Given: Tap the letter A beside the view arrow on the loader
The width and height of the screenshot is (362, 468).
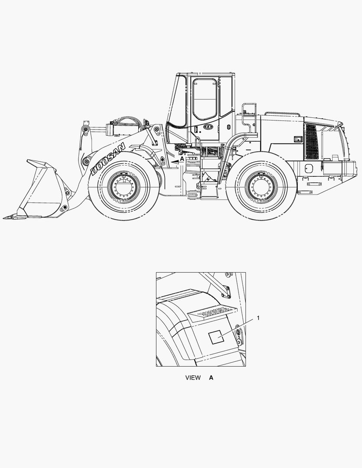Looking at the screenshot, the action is [x=182, y=159].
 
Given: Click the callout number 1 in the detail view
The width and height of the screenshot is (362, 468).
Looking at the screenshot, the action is [x=258, y=318].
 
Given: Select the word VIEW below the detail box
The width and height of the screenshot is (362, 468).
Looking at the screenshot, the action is [x=193, y=377].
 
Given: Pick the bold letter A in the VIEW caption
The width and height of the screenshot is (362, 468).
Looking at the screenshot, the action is [x=211, y=377].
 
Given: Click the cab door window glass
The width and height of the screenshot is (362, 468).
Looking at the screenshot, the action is [x=205, y=98].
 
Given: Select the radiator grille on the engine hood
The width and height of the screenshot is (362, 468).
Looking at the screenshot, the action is [x=312, y=142].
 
